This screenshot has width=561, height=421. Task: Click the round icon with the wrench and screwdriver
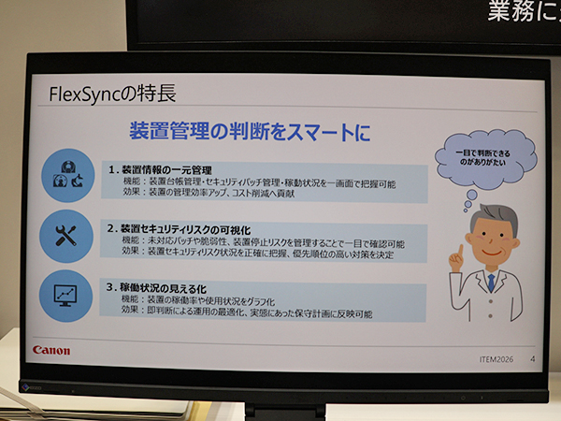[x=68, y=237]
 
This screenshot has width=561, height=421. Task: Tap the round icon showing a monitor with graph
[x=68, y=295]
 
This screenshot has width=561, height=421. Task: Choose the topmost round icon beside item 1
[x=68, y=176]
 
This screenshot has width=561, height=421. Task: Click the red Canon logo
[x=51, y=350]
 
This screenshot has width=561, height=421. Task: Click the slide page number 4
[x=531, y=356]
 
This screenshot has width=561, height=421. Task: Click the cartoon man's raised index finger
[x=453, y=254]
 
